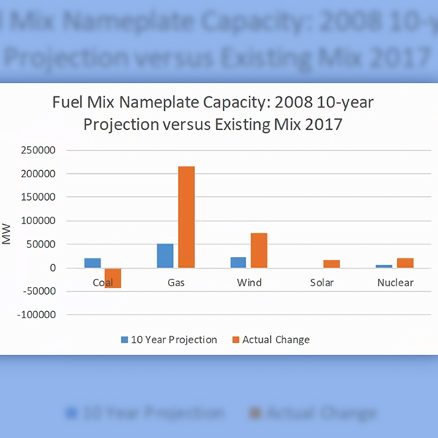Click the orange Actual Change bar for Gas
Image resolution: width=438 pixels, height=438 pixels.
pyautogui.click(x=186, y=217)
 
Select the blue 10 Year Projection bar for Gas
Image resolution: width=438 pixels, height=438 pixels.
pyautogui.click(x=165, y=255)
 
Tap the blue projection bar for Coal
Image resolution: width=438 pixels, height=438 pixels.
pyautogui.click(x=93, y=263)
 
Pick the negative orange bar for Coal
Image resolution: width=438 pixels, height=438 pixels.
pyautogui.click(x=112, y=278)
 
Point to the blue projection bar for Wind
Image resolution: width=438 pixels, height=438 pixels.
pyautogui.click(x=239, y=262)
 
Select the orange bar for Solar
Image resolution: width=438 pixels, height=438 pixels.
pyautogui.click(x=331, y=264)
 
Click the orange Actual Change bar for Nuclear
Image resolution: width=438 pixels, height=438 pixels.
pyautogui.click(x=405, y=263)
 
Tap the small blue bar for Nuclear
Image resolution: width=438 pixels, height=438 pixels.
pyautogui.click(x=385, y=266)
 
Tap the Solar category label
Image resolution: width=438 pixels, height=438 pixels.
pyautogui.click(x=322, y=283)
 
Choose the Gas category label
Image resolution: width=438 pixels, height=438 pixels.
pyautogui.click(x=175, y=283)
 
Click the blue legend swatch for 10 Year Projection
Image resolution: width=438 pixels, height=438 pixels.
pyautogui.click(x=125, y=339)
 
